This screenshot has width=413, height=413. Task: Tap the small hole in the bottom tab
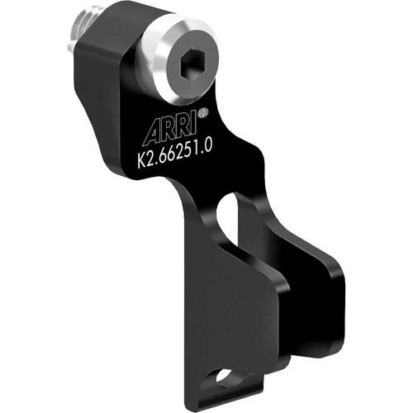pyautogui.click(x=224, y=377)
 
